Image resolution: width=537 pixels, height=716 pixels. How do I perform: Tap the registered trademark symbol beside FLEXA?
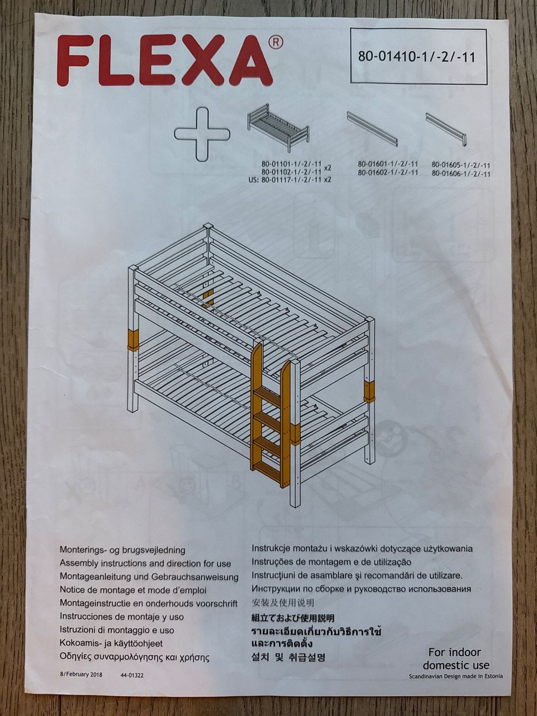pos(275,42)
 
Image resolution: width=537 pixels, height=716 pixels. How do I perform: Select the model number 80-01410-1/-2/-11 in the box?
pos(417,56)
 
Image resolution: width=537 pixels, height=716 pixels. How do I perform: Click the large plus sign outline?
pos(202,134)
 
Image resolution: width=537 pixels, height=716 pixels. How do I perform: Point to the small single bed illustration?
pos(278,128)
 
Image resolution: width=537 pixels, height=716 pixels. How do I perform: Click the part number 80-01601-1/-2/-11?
pos(388,164)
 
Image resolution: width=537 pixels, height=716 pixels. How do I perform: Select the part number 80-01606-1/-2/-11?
pos(461,174)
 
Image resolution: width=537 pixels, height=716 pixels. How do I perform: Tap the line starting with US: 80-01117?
pos(290,179)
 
